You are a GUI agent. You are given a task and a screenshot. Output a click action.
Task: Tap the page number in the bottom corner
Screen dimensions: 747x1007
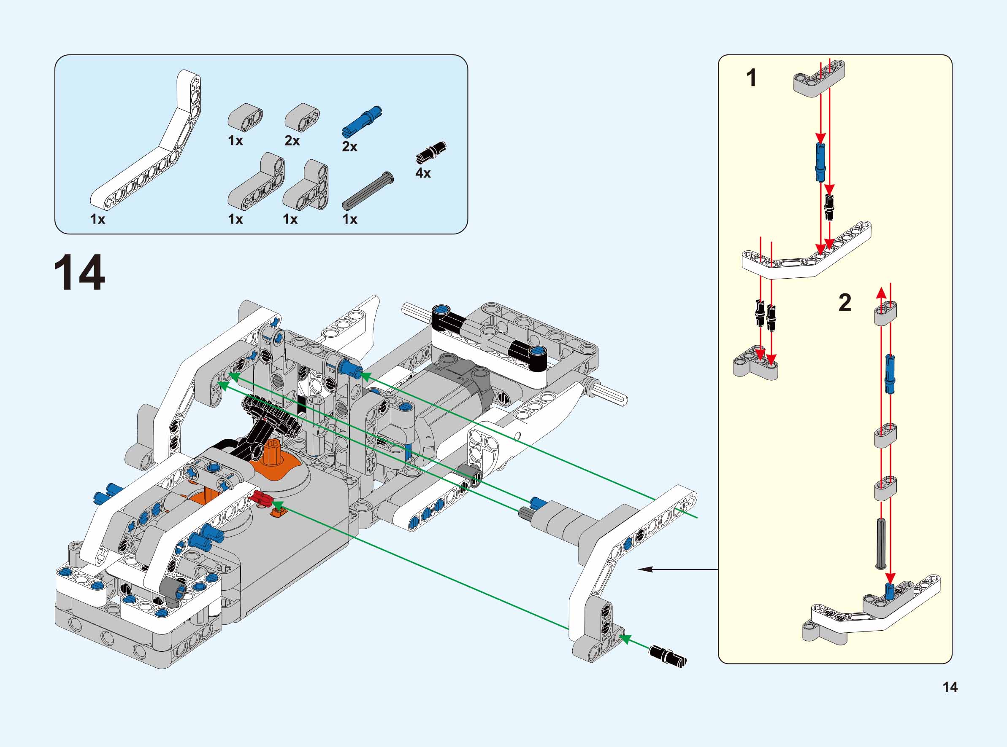point(950,687)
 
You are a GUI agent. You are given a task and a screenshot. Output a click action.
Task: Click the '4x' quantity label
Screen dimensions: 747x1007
point(423,173)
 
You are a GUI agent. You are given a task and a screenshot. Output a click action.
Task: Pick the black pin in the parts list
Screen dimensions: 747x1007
point(431,151)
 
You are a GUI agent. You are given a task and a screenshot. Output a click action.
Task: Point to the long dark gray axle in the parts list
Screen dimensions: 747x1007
point(368,191)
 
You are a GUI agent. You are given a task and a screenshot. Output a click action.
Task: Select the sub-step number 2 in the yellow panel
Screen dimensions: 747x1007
point(845,302)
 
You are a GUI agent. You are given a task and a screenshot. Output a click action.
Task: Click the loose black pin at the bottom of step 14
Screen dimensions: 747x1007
point(668,656)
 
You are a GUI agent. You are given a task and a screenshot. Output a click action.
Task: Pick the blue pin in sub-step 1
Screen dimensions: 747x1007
point(820,161)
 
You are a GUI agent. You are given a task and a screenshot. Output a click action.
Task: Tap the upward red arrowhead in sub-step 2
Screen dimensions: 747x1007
point(881,293)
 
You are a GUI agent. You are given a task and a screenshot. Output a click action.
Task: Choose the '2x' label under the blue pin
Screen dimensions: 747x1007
point(349,147)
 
